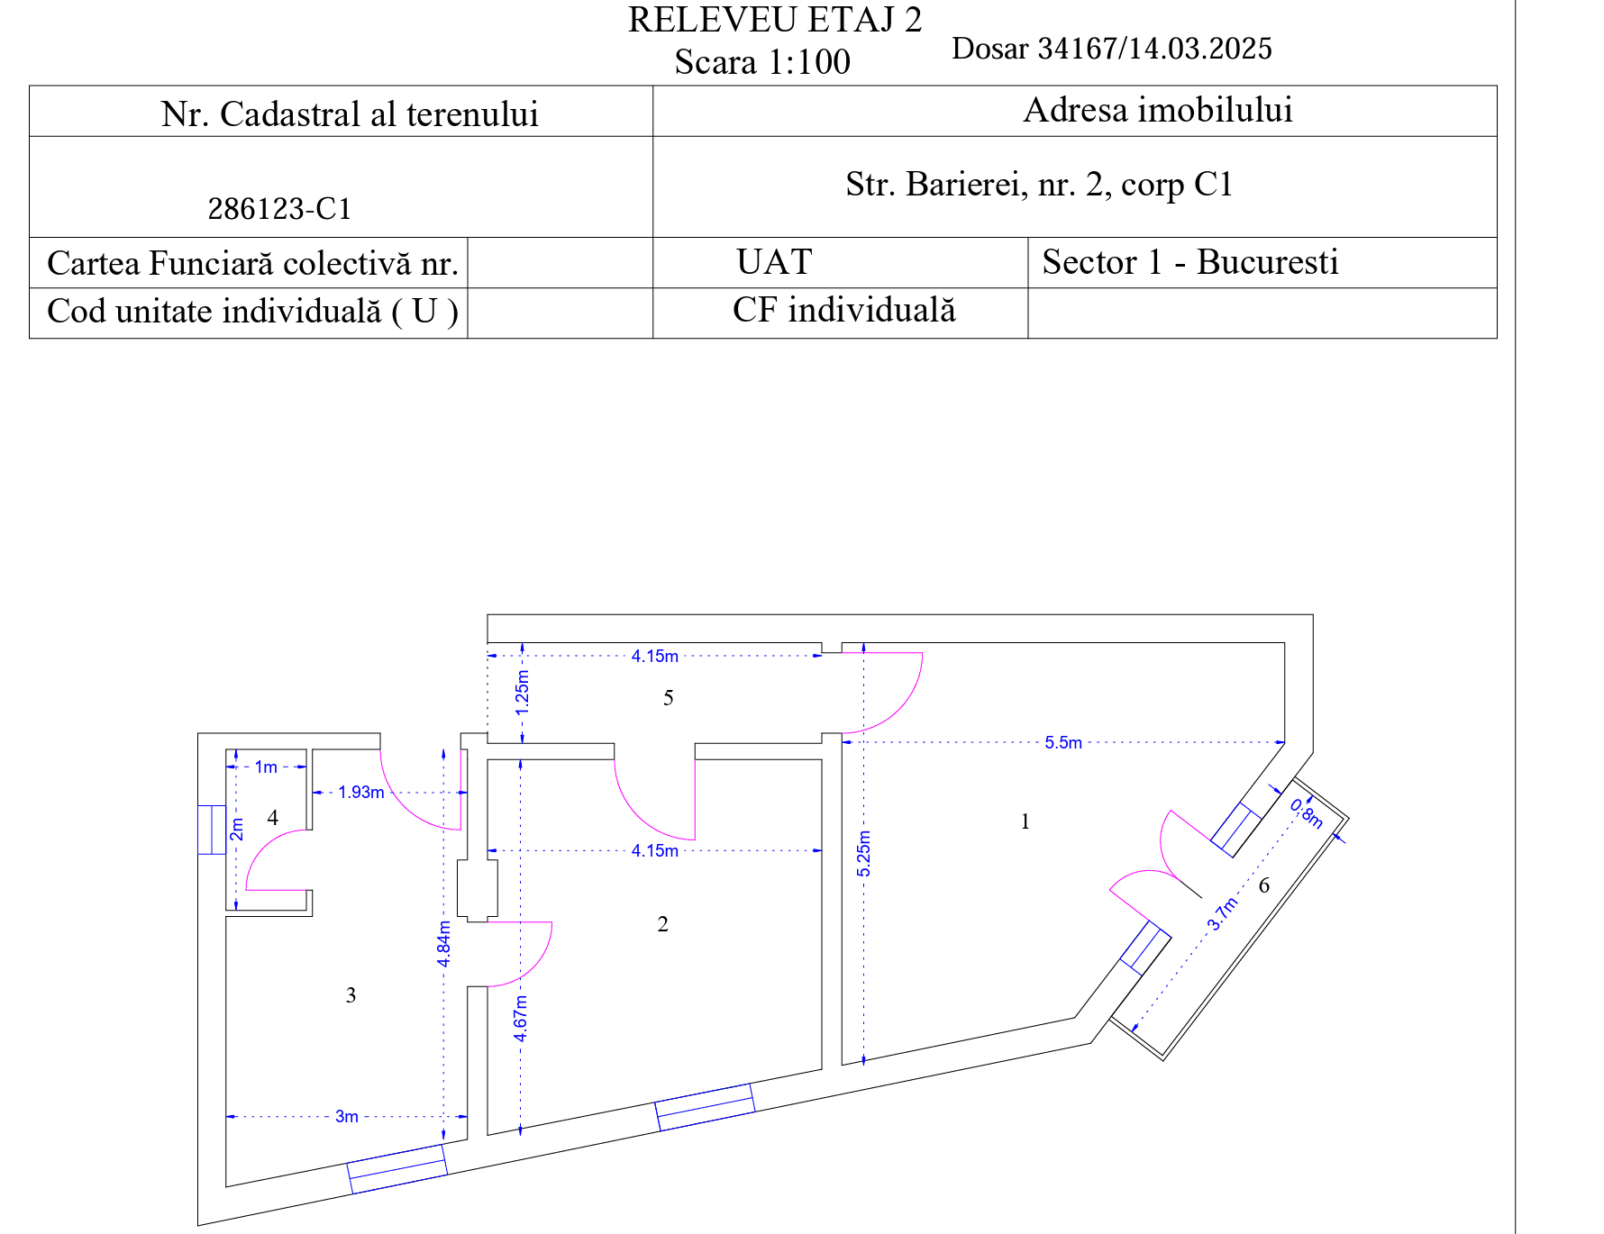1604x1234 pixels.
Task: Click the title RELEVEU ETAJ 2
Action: point(775,20)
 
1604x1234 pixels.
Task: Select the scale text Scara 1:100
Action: point(762,62)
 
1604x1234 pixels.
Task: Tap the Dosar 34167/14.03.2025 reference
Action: point(1112,49)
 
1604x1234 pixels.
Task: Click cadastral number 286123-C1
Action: point(279,209)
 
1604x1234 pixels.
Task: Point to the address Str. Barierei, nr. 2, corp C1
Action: point(1039,185)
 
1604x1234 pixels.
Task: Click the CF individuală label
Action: point(844,310)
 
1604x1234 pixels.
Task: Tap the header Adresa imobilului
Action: point(1158,110)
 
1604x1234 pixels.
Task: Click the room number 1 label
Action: point(1025,821)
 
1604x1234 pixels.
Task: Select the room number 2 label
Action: point(663,924)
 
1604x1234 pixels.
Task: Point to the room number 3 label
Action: point(351,995)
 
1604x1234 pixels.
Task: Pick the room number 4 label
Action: point(273,818)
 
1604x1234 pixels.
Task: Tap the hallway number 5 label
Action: point(669,698)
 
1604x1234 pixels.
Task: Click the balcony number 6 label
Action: point(1264,885)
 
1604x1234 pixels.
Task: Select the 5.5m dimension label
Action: point(1063,743)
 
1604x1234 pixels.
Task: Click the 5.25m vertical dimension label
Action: point(864,854)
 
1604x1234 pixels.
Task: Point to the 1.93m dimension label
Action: point(361,793)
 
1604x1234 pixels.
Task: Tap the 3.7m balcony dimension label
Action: point(1223,913)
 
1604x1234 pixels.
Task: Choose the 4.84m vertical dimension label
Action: point(444,944)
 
